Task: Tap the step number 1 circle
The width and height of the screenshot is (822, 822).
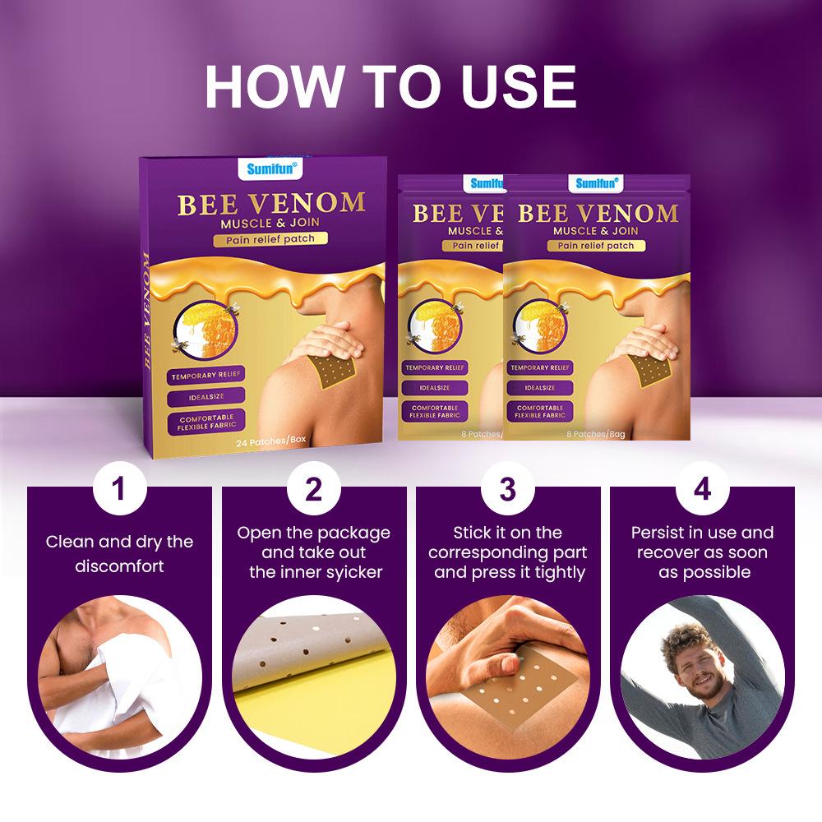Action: click(x=119, y=489)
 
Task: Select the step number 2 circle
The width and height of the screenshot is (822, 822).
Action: click(x=313, y=489)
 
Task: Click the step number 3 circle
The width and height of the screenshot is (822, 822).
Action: click(x=507, y=489)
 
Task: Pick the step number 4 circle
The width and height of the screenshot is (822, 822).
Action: click(x=701, y=489)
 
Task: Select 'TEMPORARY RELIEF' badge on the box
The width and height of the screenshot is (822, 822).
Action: click(x=206, y=376)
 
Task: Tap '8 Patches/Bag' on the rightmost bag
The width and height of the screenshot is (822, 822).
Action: click(x=595, y=433)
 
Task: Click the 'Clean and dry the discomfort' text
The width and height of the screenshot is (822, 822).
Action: click(x=119, y=554)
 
